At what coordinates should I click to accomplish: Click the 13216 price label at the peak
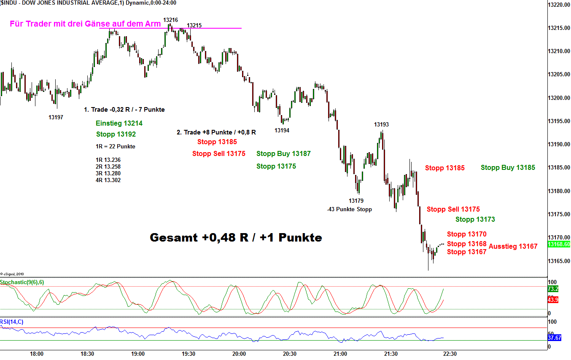tap(170, 20)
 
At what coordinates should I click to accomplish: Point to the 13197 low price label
tap(56, 117)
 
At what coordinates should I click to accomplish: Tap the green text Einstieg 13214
tap(119, 124)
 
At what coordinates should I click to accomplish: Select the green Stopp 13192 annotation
tap(116, 134)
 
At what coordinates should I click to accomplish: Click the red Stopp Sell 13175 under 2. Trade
tap(219, 153)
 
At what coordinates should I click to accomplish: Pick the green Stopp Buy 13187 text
tap(283, 153)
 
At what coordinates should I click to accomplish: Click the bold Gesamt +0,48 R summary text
tap(236, 238)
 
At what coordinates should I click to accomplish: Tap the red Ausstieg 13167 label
tap(513, 246)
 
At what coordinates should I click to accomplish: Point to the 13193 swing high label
tap(381, 124)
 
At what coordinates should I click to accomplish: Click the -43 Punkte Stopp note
tap(349, 209)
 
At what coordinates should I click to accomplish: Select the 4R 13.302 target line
tap(108, 180)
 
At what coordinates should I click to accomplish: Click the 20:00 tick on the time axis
tap(239, 354)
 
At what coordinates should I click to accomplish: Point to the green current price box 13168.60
tap(558, 244)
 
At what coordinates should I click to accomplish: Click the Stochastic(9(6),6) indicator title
tap(22, 282)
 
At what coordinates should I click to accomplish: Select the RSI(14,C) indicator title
tap(12, 322)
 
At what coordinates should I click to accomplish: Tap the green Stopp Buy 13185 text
tap(508, 168)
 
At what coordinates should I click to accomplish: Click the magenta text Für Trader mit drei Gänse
tap(85, 24)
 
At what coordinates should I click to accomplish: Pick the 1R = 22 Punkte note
tap(115, 147)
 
